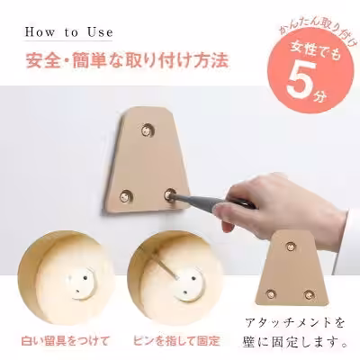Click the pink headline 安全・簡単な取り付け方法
tap(127, 62)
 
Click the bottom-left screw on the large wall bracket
tap(126, 192)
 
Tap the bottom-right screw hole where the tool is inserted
tap(171, 193)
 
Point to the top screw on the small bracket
tap(289, 244)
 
